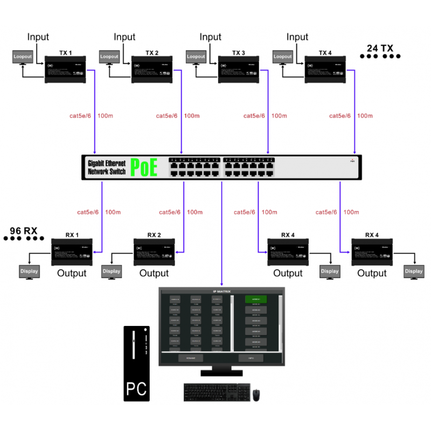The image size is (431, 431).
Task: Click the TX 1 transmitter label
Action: pos(65,53)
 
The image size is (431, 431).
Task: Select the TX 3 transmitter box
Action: pos(238,70)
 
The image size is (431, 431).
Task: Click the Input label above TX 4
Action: pos(297,37)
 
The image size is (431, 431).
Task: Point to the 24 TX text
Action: pos(380,48)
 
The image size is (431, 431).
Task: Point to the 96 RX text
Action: pos(23,231)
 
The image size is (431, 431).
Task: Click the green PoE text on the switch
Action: pos(144,168)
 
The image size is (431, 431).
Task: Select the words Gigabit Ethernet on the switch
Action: pos(107,163)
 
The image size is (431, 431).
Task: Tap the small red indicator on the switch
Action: pos(352,160)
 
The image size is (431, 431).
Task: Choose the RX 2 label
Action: pos(154,235)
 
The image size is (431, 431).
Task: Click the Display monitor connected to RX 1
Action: pos(30,272)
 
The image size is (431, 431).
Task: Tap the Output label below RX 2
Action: pos(154,273)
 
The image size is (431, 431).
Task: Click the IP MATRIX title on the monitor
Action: pos(222,291)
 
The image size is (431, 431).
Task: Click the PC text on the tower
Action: pos(136,388)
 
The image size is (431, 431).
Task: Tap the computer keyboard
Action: pos(217,392)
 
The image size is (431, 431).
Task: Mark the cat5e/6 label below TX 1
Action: pos(80,116)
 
